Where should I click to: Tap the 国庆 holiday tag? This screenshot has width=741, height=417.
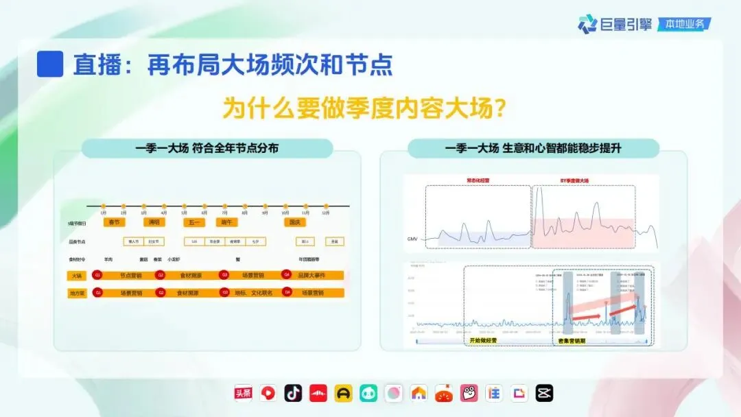point(295,222)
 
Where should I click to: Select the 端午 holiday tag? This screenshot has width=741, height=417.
point(225,222)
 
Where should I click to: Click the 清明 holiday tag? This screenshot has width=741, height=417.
point(153,222)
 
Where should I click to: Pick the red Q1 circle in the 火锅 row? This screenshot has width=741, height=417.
point(97,275)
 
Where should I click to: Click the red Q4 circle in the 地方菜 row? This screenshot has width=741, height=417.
point(287,293)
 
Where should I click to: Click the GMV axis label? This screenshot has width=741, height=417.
point(412,239)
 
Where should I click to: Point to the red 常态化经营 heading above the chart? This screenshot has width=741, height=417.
point(478,180)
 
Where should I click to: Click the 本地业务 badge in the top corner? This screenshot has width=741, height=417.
point(684,25)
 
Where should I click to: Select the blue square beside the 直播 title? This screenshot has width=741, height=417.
point(50,64)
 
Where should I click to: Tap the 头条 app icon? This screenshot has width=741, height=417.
point(244,393)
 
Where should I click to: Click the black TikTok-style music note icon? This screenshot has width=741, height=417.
point(293,393)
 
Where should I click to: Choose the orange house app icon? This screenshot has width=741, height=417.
point(419,393)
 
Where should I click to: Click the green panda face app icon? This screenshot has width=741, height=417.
point(368,393)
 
